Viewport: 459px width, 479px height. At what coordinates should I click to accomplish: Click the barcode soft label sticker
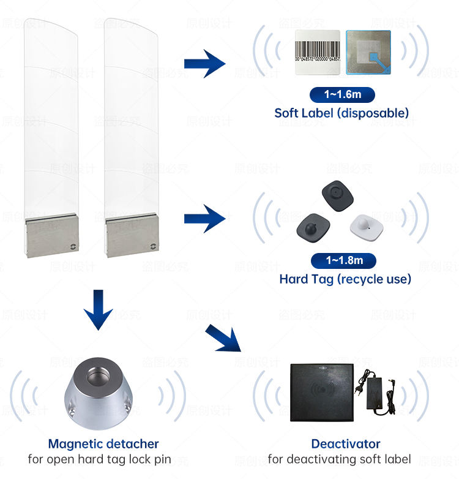point(318,53)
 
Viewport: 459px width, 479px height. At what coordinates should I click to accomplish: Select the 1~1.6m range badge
point(341,94)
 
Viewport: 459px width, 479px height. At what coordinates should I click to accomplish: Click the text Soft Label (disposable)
point(341,113)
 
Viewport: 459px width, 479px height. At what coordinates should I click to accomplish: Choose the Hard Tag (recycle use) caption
point(345,279)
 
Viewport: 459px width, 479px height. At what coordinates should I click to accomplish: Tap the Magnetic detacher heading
point(103,443)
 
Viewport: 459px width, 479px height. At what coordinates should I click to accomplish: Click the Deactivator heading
point(346,443)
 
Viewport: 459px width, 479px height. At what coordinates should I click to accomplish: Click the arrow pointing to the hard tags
point(205,219)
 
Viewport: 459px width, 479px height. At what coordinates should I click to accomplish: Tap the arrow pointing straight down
point(98,309)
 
